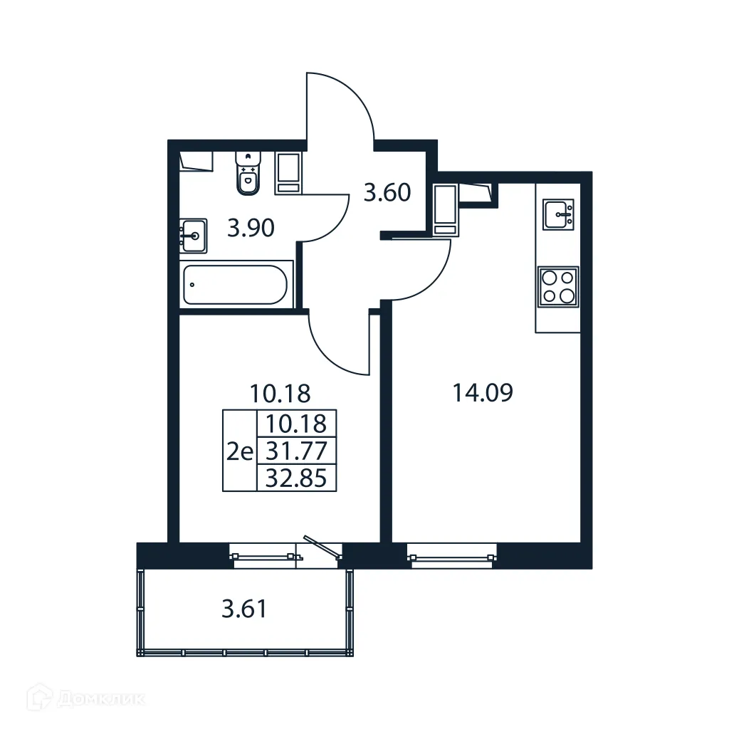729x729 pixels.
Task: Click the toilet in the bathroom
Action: tap(248, 174)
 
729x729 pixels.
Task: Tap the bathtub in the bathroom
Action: tap(234, 285)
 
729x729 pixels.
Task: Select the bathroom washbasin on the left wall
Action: tap(193, 234)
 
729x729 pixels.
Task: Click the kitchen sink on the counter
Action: tap(559, 214)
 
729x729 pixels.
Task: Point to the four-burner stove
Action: tap(558, 287)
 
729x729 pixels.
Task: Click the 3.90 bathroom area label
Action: tap(251, 229)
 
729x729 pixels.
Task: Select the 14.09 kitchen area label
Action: tap(483, 392)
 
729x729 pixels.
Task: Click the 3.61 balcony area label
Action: tap(244, 609)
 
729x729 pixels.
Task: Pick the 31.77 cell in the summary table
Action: tap(295, 451)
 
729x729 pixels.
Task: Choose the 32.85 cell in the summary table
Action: tap(295, 478)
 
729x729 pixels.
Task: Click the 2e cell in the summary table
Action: tap(239, 451)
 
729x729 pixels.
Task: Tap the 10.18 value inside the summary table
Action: tap(295, 424)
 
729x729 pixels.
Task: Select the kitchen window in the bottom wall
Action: tap(451, 555)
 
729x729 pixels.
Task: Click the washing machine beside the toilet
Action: tap(289, 173)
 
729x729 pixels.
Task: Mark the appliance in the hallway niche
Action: tap(444, 209)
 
